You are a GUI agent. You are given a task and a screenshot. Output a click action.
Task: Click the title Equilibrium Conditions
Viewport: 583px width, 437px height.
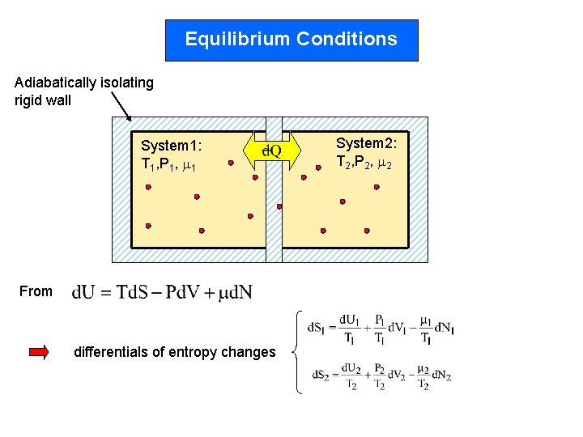coord(291,40)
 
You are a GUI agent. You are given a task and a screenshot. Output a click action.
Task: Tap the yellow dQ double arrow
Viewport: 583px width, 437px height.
coord(272,151)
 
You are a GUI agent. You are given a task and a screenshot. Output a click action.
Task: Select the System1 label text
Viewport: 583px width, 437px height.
coord(171,146)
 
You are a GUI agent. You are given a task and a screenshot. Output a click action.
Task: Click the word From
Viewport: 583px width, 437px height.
coord(35,292)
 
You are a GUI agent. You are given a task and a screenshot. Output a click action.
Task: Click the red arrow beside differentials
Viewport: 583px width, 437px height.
coord(39,352)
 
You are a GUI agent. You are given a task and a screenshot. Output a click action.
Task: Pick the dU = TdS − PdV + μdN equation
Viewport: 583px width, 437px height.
coord(162,292)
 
